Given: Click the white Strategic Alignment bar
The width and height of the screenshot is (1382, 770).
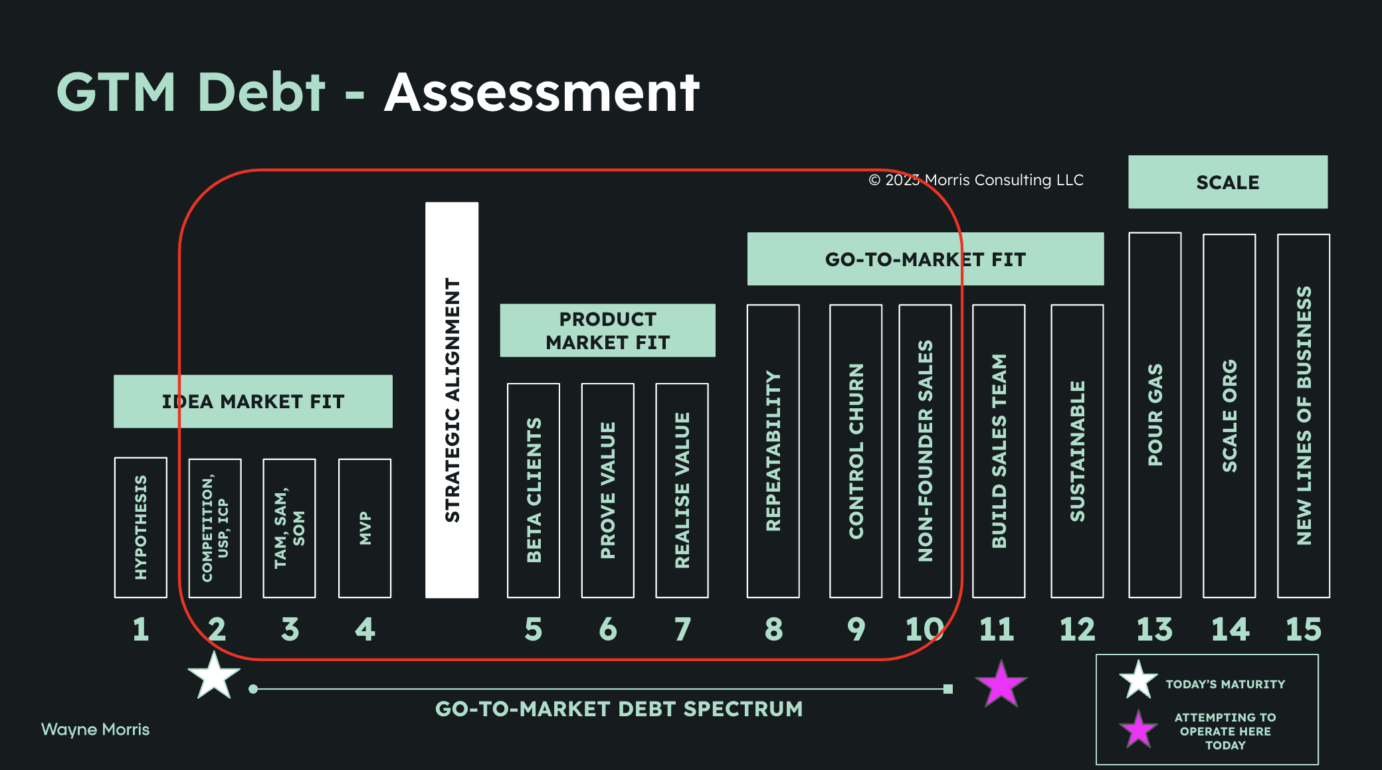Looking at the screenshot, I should coord(452,400).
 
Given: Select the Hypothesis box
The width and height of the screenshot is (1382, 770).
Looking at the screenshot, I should coord(140,528).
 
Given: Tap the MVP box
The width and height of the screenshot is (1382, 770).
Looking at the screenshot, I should coord(365,528).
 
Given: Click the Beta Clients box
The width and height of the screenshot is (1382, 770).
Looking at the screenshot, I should coord(533,490).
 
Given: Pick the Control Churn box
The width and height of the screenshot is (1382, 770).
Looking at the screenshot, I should coord(856,451).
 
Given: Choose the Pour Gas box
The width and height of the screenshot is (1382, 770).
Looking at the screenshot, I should coord(1155,415).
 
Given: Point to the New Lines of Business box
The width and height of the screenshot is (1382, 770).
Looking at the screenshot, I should coord(1304,416).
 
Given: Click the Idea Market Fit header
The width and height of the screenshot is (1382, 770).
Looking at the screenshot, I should coord(253,402).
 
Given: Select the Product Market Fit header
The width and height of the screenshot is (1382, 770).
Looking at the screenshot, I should coord(607,331).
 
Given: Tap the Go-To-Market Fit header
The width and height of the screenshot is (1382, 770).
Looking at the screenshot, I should coord(926,259).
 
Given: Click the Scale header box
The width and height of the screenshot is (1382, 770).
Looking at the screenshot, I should coord(1228,182).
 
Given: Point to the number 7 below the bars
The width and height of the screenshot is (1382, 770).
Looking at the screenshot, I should coord(682,629).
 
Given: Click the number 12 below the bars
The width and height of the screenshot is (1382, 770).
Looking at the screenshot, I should coord(1077,629).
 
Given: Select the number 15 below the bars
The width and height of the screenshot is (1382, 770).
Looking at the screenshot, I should coord(1304,629).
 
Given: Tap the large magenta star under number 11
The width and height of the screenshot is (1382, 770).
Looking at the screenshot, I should coord(1001,684).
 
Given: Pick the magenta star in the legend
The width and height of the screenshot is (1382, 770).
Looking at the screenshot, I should coord(1139,730).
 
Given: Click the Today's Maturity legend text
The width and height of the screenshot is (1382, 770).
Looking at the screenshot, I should coord(1225,684).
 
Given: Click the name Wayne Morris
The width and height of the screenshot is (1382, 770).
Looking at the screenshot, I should coord(96,730).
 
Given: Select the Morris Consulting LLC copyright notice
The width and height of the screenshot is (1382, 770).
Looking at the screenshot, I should coord(976,180).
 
